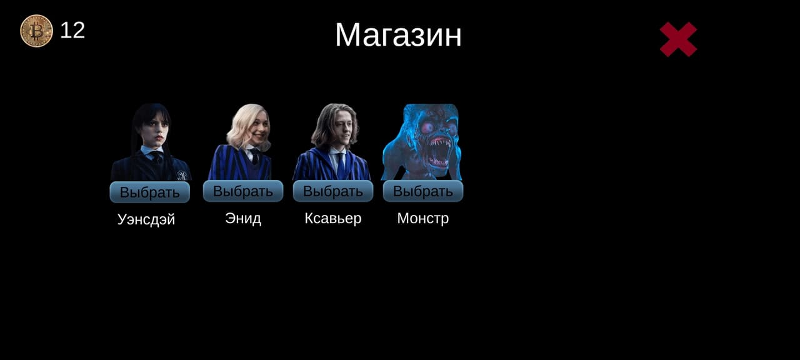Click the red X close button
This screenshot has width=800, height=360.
[678, 39]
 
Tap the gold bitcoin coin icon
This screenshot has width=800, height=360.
[36, 31]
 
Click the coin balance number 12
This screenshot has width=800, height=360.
[72, 31]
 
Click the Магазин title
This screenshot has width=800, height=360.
[398, 35]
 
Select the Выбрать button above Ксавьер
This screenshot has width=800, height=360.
[333, 191]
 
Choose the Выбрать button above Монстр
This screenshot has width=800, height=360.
[423, 191]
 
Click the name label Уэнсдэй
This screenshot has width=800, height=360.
[146, 219]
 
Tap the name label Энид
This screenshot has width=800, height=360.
[243, 218]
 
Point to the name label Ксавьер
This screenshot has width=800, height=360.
[333, 218]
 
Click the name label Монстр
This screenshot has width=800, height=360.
[423, 218]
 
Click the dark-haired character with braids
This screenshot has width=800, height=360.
[151, 142]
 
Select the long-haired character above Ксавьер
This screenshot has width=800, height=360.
[332, 142]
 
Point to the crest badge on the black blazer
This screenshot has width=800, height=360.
[182, 175]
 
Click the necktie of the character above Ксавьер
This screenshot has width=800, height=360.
[341, 166]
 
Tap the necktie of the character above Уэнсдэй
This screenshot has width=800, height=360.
[156, 157]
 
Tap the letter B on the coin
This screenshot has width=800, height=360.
[36, 31]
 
